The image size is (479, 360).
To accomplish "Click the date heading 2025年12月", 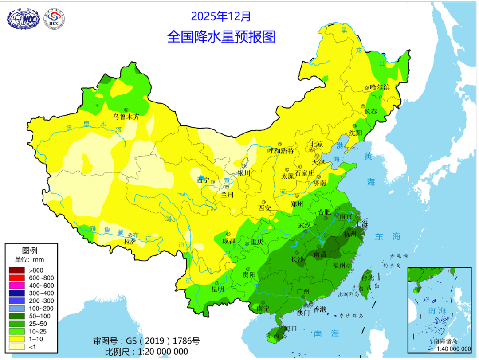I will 221,16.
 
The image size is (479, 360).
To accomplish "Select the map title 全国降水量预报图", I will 221,36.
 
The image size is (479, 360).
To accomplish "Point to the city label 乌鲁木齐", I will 126,117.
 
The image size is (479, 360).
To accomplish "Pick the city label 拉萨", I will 130,242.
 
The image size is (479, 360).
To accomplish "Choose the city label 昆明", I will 218,289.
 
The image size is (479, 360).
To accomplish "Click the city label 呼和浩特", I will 280,151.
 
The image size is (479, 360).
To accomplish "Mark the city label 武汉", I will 305,225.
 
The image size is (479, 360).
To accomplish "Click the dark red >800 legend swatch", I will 17,270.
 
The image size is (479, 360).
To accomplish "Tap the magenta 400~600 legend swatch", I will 17,286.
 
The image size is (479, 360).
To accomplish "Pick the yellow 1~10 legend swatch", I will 17,339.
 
